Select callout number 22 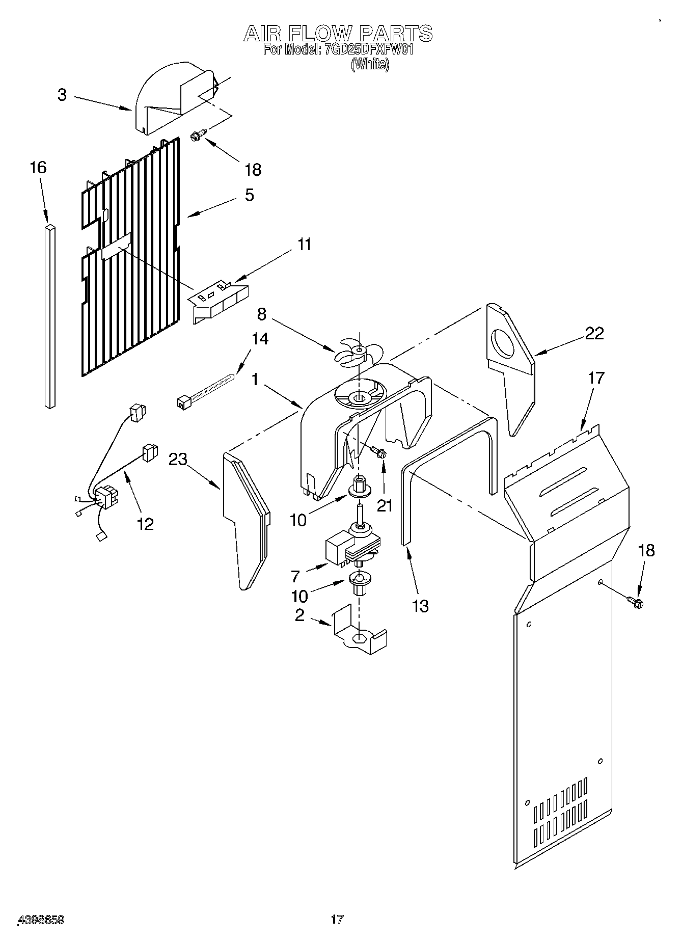pos(594,333)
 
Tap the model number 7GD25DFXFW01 pos(367,50)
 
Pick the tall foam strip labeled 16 pos(50,316)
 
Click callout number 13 pos(420,606)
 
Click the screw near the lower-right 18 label pos(636,602)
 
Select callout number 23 pos(178,459)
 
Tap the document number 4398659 pos(40,920)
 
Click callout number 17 pos(595,378)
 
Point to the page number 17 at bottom pos(337,919)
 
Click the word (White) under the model pos(370,65)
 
